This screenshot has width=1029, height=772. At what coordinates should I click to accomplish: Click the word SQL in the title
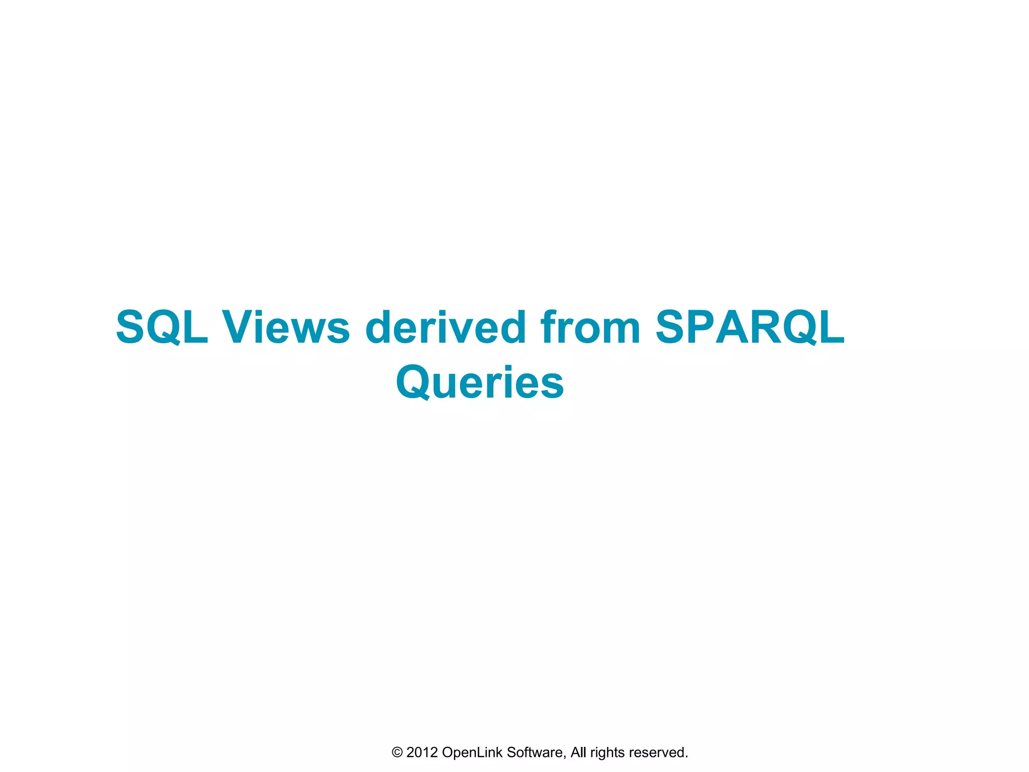coord(162,327)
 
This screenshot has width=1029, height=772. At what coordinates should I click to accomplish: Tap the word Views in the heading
coord(286,327)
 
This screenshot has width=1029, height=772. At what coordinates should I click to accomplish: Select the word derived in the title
coord(445,327)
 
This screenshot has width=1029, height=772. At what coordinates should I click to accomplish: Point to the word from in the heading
coord(590,327)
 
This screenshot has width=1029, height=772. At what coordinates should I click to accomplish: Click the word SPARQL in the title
coord(750,327)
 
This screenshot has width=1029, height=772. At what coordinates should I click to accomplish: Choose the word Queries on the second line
coord(480,383)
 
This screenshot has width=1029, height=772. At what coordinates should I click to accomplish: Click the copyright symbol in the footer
coord(397,752)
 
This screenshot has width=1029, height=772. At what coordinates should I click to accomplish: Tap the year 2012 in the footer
coord(422,752)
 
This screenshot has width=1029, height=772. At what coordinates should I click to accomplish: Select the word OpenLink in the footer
coord(472,752)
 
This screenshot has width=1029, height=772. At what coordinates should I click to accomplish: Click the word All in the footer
coord(578,752)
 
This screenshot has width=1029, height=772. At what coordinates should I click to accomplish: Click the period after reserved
coord(686,757)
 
